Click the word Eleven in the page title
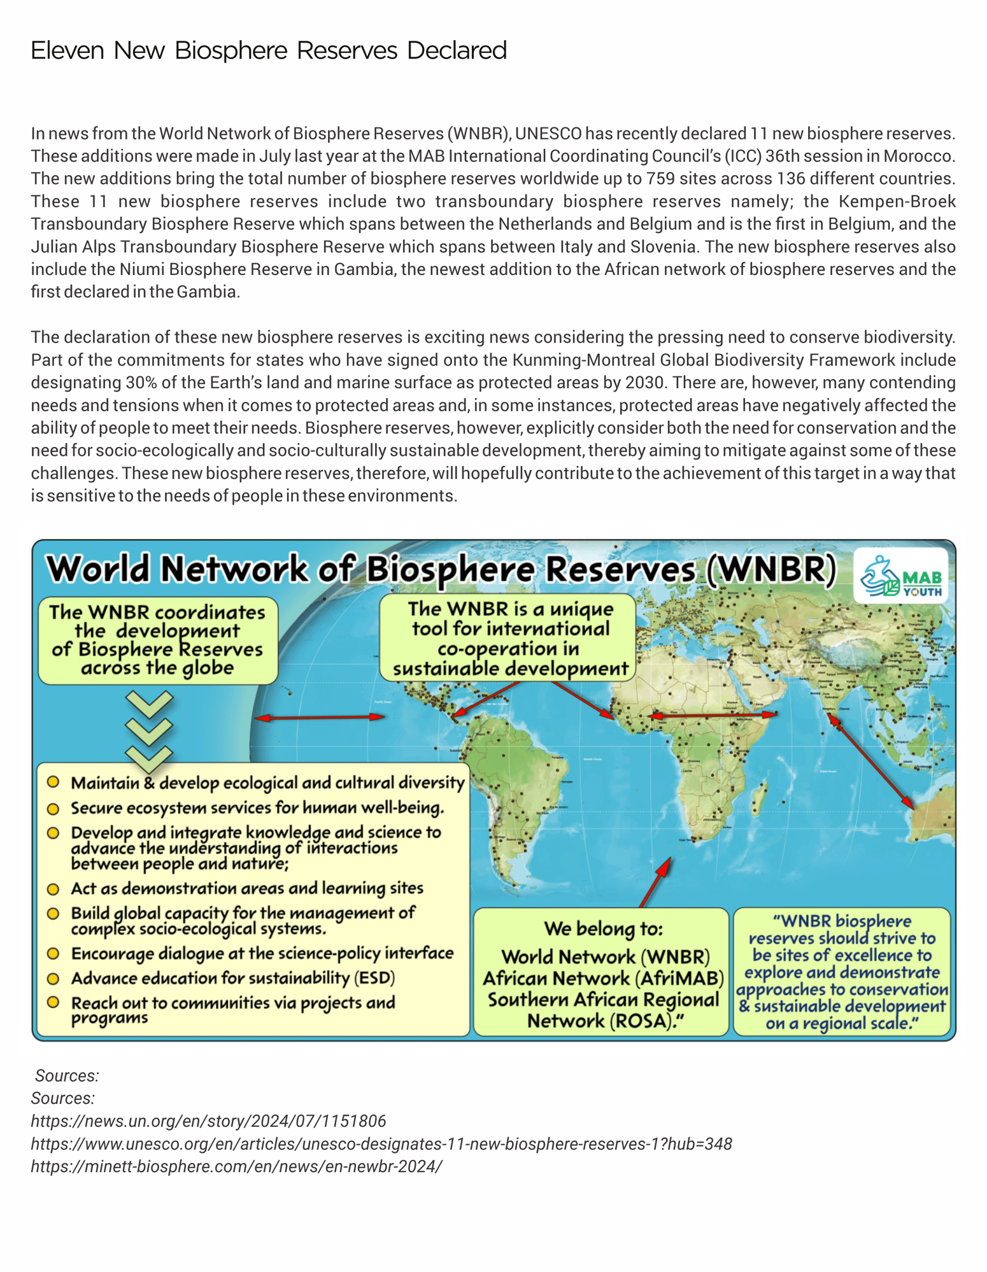[x=67, y=50]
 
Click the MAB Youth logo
[x=900, y=576]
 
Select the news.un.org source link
[x=208, y=1120]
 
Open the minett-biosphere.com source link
[x=236, y=1166]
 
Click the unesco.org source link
[x=381, y=1143]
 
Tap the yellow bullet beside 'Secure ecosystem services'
[x=53, y=809]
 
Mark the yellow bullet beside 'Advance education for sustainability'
[x=53, y=978]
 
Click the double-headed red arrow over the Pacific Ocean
[x=320, y=717]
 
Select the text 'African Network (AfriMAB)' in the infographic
[x=602, y=978]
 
